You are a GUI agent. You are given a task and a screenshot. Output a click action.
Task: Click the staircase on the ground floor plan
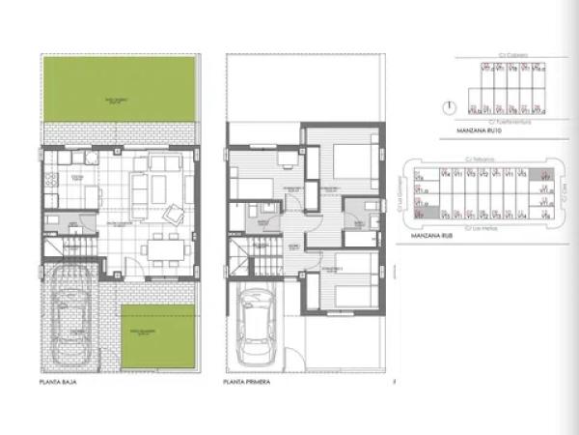click(x=65, y=259)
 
